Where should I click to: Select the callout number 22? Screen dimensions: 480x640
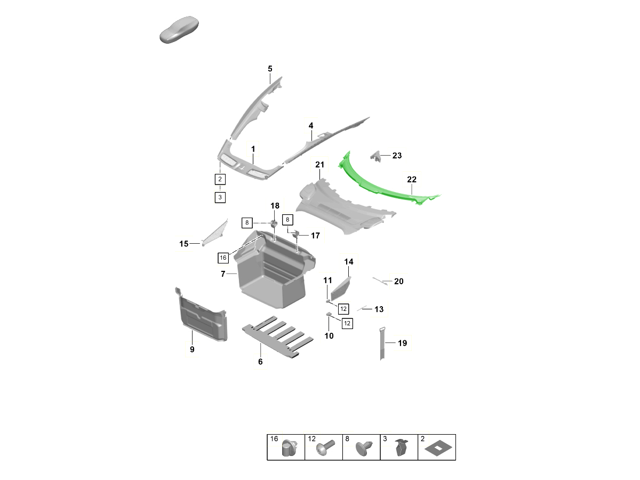pos(412,180)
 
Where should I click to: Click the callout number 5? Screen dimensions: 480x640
pos(270,69)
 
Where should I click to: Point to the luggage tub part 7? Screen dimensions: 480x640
pos(272,277)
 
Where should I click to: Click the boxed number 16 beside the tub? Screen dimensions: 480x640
pos(223,258)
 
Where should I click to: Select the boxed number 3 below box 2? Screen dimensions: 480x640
pos(220,197)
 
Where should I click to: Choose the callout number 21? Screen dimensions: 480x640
pos(319,165)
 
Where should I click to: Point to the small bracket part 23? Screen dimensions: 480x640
pos(377,156)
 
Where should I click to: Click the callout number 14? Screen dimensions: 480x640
pos(349,262)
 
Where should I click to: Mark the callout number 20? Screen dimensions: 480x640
pos(399,282)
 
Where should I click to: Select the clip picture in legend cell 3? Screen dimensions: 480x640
pos(401,449)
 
